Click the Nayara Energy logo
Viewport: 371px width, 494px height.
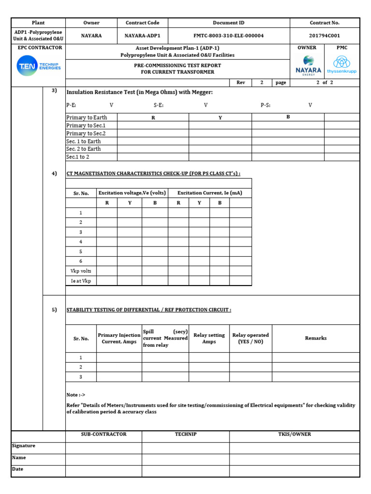pyautogui.click(x=308, y=65)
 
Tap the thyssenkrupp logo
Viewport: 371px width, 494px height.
pyautogui.click(x=342, y=65)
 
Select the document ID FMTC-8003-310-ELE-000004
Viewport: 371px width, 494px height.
pyautogui.click(x=228, y=36)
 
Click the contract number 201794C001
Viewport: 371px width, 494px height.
pyautogui.click(x=324, y=36)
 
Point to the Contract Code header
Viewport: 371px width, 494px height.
pyautogui.click(x=142, y=23)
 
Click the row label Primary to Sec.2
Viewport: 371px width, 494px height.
pyautogui.click(x=86, y=133)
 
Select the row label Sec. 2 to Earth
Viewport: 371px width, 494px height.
pyautogui.click(x=84, y=149)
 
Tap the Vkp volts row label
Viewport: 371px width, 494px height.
pyautogui.click(x=81, y=271)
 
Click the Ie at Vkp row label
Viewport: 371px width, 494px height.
pyautogui.click(x=81, y=281)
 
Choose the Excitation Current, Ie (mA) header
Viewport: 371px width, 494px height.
pyautogui.click(x=210, y=193)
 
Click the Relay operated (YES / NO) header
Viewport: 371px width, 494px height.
pyautogui.click(x=250, y=338)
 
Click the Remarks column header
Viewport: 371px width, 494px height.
pyautogui.click(x=315, y=338)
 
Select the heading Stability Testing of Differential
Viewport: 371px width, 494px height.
pyautogui.click(x=148, y=310)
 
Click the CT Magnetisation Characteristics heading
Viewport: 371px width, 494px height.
pyautogui.click(x=153, y=174)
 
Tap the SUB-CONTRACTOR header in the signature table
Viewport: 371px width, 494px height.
pyautogui.click(x=103, y=434)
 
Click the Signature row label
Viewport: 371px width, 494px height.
pyautogui.click(x=24, y=446)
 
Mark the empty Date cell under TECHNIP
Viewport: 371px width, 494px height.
pyautogui.click(x=185, y=471)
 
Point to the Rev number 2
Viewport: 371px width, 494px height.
pyautogui.click(x=262, y=82)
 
